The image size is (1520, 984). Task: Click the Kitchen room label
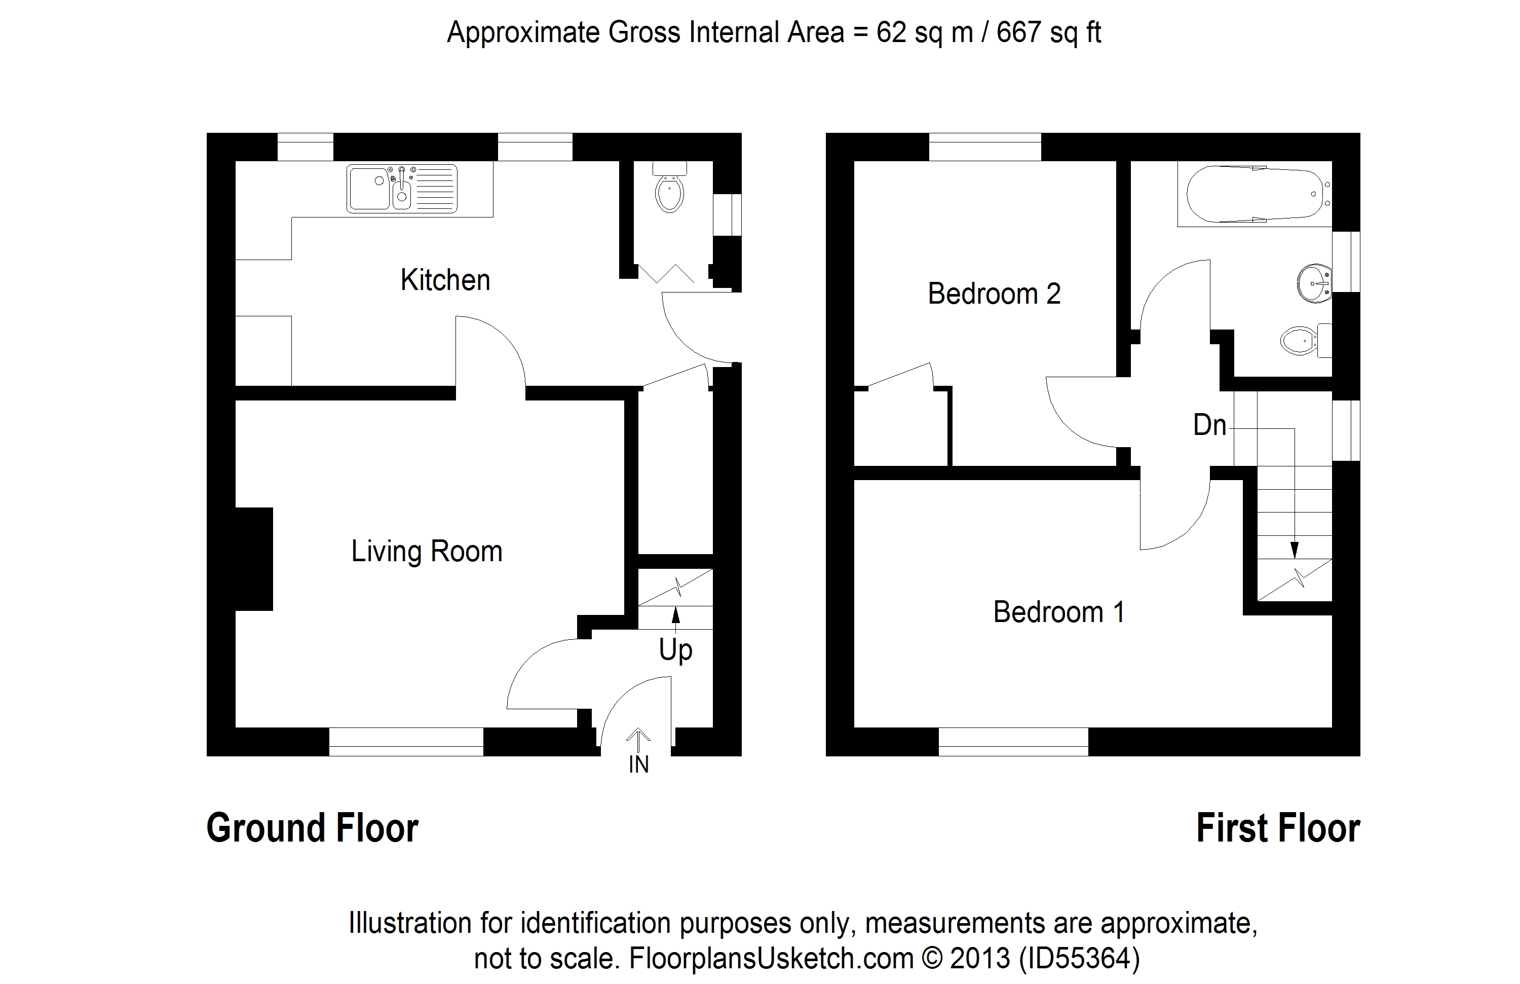point(445,280)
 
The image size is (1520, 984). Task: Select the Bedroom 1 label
point(1059,612)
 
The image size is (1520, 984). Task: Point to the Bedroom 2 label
point(994,294)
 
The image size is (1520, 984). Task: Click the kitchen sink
point(402,189)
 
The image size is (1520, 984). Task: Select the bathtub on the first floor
point(1255,195)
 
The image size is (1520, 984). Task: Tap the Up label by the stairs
point(676,650)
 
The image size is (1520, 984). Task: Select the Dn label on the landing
point(1209,425)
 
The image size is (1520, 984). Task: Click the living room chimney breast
point(254,559)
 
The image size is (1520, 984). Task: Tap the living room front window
point(406,742)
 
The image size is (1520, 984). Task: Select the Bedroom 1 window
point(1013,742)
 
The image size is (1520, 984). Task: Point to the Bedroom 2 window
point(985,147)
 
